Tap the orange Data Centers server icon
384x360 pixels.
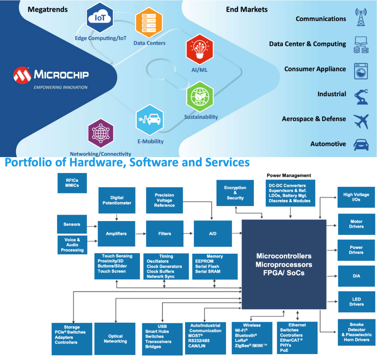149,23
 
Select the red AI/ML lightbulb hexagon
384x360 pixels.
199,49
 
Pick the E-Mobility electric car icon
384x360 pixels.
150,120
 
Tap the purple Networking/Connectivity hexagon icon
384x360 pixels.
101,133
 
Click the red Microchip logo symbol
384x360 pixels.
22,75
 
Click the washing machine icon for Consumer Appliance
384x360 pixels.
361,71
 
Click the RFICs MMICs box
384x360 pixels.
72,183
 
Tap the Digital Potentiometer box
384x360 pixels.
117,200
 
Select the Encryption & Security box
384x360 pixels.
235,193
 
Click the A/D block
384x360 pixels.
213,233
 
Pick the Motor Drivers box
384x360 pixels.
356,224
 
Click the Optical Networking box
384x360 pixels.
115,339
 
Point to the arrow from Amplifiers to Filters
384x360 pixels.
141,233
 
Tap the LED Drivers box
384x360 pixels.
356,302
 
